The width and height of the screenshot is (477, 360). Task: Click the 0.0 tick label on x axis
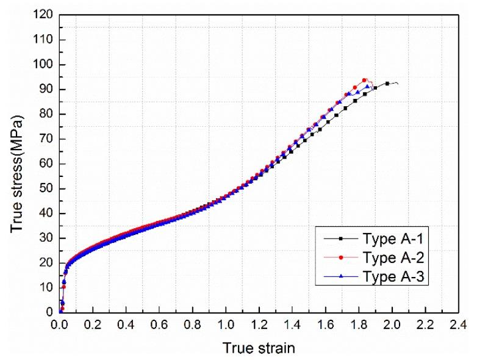click(60, 325)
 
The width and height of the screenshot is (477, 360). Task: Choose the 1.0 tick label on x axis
click(226, 325)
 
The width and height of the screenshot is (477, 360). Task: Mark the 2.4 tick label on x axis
click(458, 325)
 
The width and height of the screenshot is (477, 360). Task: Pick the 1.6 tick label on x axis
click(325, 325)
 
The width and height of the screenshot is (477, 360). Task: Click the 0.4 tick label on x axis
click(126, 325)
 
